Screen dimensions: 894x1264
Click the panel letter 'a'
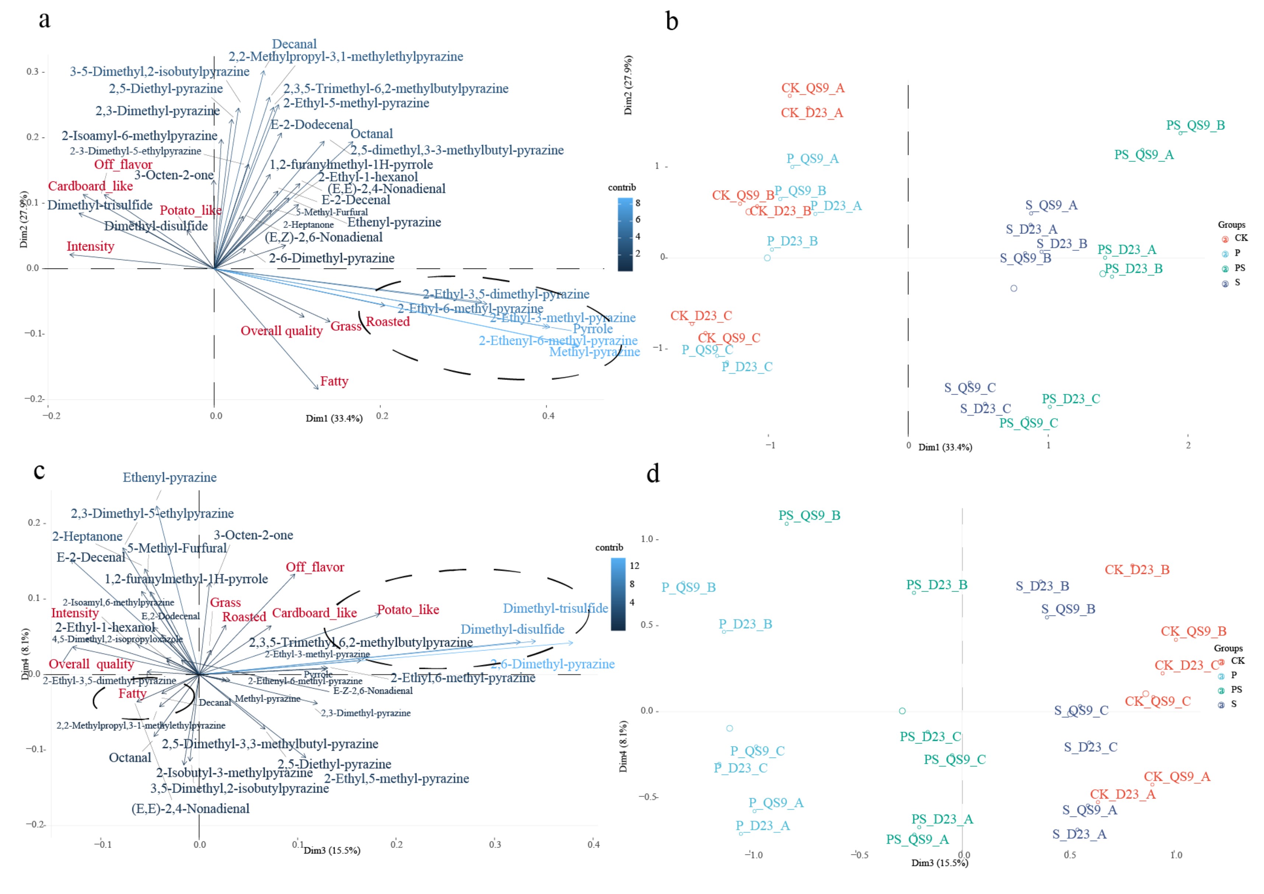tap(45, 20)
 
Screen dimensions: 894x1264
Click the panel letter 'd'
tap(653, 473)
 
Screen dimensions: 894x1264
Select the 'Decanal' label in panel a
tap(294, 44)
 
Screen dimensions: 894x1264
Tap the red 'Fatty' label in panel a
tap(334, 381)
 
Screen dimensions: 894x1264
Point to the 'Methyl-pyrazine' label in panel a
tap(594, 352)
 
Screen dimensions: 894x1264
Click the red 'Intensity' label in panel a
tap(90, 246)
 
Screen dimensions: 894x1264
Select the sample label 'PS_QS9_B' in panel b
tap(1195, 126)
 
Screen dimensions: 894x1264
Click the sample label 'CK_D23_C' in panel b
tap(701, 316)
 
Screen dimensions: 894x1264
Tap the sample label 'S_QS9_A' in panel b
tap(1051, 205)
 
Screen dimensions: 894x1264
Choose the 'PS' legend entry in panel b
tap(1239, 268)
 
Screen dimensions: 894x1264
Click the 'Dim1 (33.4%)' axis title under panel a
tap(334, 419)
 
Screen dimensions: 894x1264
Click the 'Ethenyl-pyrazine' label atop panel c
tap(170, 478)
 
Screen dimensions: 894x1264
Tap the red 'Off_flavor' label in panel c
tap(315, 567)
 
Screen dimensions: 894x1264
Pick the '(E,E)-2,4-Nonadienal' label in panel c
tap(191, 809)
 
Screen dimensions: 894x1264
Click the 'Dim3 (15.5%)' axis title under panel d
tap(939, 863)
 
